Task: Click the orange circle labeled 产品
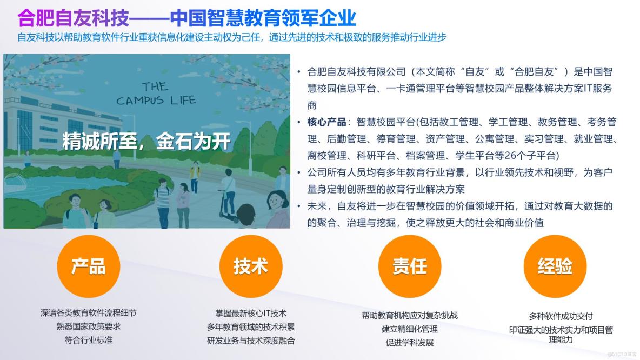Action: pos(88,266)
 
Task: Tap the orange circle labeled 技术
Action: pos(250,266)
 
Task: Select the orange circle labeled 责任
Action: pos(410,266)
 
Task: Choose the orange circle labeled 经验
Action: pos(555,266)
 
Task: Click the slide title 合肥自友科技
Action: pos(74,18)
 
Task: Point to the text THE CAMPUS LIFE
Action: pos(156,94)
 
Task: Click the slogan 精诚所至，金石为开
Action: pos(146,141)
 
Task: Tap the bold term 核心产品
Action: pos(326,122)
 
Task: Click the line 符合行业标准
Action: pos(89,339)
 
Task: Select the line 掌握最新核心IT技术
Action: pos(251,313)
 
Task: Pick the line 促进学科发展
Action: pos(410,342)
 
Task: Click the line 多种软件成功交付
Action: pos(561,316)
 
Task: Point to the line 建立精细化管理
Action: pos(410,329)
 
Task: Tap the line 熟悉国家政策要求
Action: pos(89,326)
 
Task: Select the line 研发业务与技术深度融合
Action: pos(251,340)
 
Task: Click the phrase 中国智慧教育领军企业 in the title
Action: pos(263,18)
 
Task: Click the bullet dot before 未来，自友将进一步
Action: pos(299,206)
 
